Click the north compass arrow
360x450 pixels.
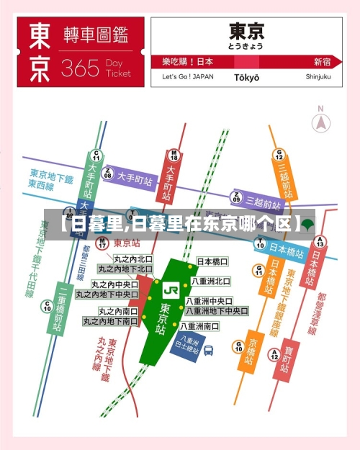pyautogui.click(x=321, y=122)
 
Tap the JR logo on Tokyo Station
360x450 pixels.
pyautogui.click(x=171, y=289)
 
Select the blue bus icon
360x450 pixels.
pyautogui.click(x=208, y=351)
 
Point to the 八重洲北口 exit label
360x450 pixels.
pyautogui.click(x=211, y=281)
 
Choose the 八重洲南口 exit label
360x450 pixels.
pyautogui.click(x=207, y=326)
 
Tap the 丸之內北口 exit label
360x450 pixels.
pyautogui.click(x=133, y=258)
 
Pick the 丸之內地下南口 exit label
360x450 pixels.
pyautogui.click(x=111, y=321)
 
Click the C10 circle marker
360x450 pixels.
pyautogui.click(x=47, y=305)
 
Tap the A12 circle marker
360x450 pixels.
pyautogui.click(x=274, y=354)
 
